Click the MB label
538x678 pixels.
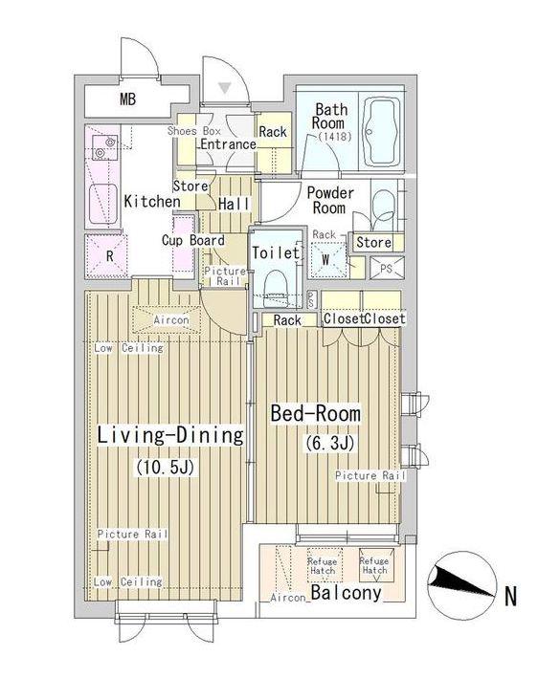pos(127,99)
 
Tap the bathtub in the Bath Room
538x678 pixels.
pos(381,132)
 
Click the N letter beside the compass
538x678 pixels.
pos(511,597)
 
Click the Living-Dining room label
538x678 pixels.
pos(170,435)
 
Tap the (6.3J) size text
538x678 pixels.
pos(330,444)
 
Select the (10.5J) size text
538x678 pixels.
pos(166,468)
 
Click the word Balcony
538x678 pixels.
pos(347,592)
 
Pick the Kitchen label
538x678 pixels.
pos(152,201)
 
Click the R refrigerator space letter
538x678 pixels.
pos(110,256)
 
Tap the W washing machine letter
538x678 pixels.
pos(325,260)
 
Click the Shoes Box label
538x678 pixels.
pos(194,131)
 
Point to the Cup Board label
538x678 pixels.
pos(193,240)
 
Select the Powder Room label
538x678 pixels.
pos(330,200)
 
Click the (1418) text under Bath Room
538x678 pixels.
pos(334,137)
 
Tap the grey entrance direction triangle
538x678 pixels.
pos(224,88)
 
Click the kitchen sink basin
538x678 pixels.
pos(103,203)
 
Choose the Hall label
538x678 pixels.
pos(234,204)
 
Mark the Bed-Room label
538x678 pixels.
pos(315,413)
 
